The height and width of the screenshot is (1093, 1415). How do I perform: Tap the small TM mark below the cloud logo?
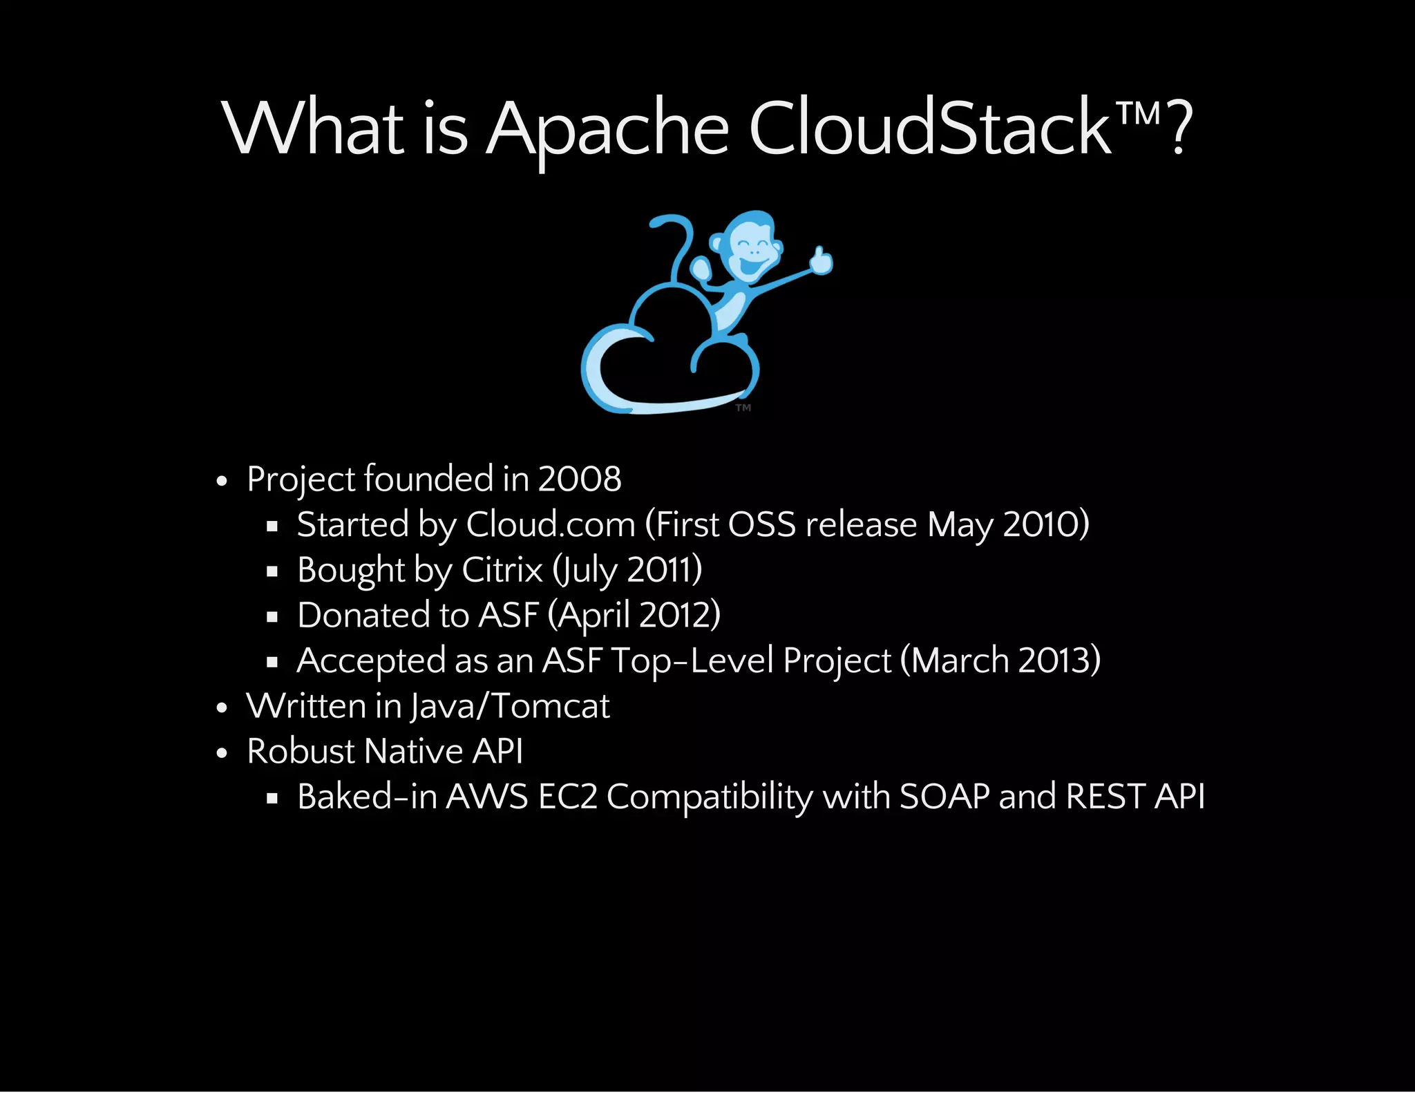tap(743, 408)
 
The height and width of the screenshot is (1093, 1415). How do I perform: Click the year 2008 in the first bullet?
tap(580, 479)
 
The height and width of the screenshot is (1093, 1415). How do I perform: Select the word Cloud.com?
tap(551, 524)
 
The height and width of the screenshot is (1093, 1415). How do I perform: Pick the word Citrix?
tap(502, 570)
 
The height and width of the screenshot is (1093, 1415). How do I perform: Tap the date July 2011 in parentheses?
tap(627, 570)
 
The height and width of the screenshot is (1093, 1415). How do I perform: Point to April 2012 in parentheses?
tap(634, 615)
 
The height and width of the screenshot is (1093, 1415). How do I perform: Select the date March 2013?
tap(1000, 660)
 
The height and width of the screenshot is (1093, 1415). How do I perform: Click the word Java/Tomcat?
tap(510, 706)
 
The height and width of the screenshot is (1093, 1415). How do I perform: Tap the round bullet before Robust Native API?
tap(222, 753)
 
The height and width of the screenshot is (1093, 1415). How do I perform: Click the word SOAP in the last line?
tap(944, 797)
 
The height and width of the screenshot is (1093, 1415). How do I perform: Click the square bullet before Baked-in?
tap(272, 799)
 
